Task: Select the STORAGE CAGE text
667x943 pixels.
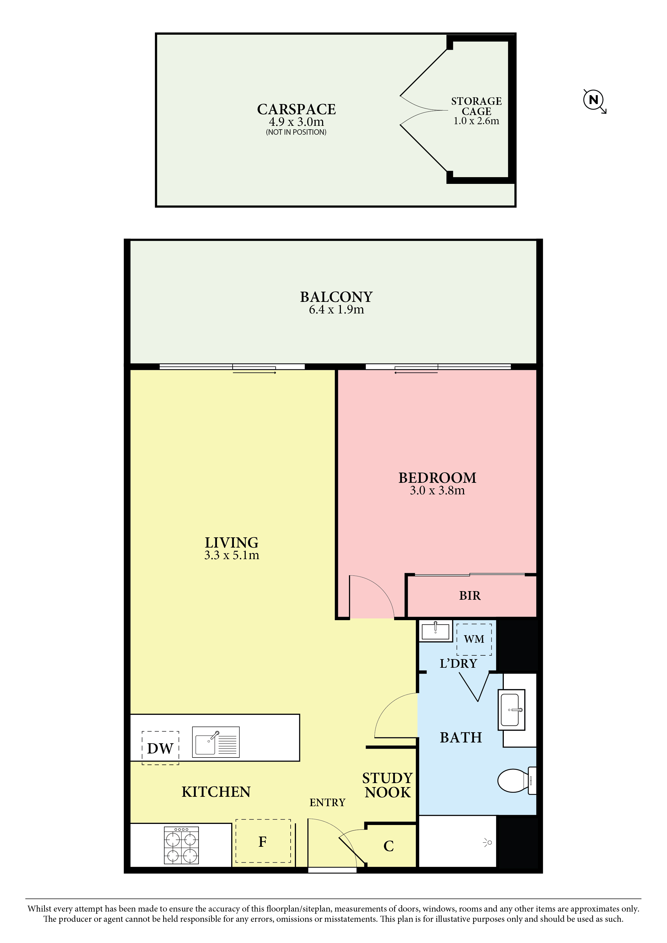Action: pos(476,106)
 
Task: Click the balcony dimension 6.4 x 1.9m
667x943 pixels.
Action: pos(336,310)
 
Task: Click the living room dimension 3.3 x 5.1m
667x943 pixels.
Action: pos(232,555)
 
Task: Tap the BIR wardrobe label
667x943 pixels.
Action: pos(470,595)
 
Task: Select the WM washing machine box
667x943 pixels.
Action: pos(474,640)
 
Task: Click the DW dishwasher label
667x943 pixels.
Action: pos(160,748)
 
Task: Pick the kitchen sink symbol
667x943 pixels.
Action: pos(216,742)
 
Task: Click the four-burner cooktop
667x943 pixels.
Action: pos(181,845)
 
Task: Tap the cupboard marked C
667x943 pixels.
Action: pos(388,846)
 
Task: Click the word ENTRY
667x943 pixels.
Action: pos(327,802)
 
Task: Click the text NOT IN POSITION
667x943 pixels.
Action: pos(296,132)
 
